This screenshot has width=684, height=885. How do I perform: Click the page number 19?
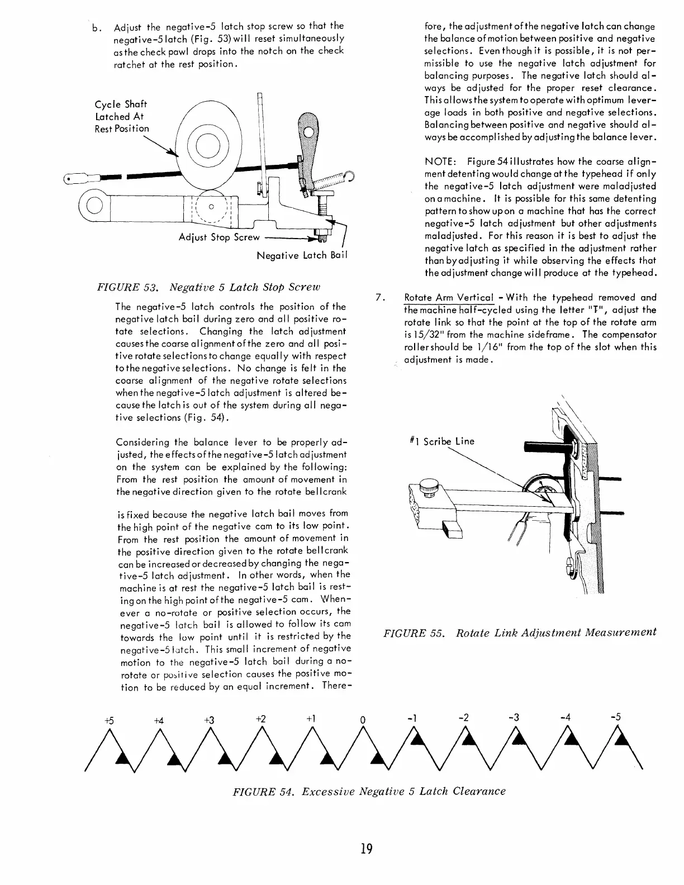tap(366, 849)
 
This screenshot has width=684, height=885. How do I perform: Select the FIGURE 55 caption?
tap(519, 632)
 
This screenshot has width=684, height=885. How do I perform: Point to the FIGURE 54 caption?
tap(369, 791)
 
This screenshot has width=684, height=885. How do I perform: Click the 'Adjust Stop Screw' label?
tap(219, 237)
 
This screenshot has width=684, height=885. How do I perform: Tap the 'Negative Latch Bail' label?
tap(302, 255)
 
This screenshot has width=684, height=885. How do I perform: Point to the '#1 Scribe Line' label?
tap(442, 441)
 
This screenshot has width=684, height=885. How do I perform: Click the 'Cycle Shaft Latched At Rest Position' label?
tap(121, 116)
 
